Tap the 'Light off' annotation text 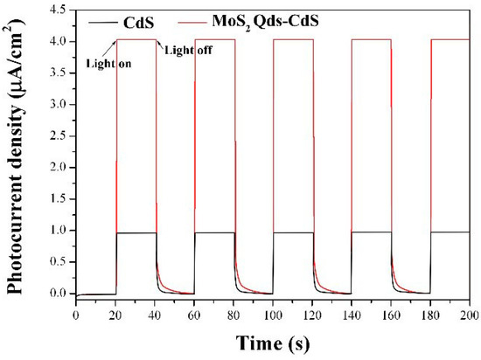tap(188, 50)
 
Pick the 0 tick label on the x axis tap(76, 313)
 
